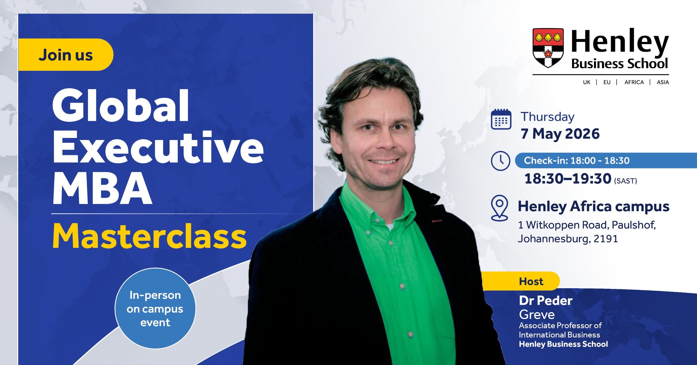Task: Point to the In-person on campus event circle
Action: tap(155, 309)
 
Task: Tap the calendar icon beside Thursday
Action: tap(501, 119)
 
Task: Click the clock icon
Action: tap(500, 161)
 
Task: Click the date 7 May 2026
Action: tap(560, 133)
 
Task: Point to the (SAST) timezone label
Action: tap(625, 181)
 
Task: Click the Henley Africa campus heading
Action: tap(594, 206)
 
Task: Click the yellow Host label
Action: tap(531, 281)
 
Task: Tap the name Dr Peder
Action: tap(545, 301)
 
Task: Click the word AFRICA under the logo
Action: tap(634, 82)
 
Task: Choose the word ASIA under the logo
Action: tap(663, 82)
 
